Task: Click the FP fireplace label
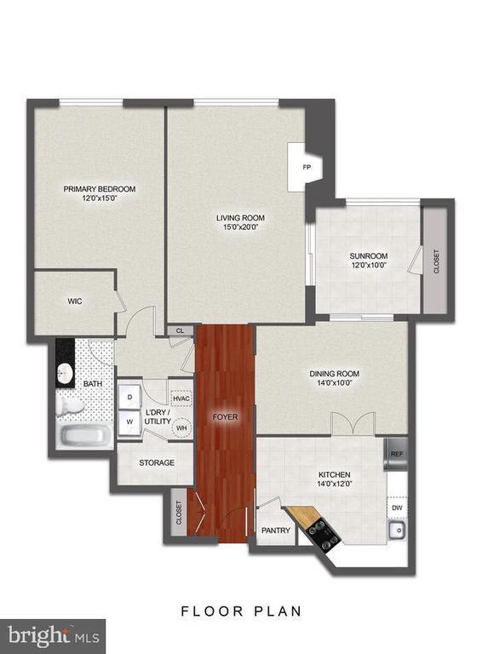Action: pos(307,168)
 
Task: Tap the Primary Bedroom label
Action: pos(99,189)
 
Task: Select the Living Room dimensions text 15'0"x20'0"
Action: pos(236,227)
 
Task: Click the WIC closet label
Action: pos(74,301)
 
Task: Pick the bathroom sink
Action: pos(66,373)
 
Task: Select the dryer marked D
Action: pos(129,396)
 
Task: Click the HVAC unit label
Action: pos(181,397)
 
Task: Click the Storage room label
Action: pos(157,463)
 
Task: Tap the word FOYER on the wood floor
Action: pos(225,417)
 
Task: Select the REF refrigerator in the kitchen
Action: pos(396,454)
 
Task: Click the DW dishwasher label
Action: pos(397,508)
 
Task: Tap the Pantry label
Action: pos(276,531)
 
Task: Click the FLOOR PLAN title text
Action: pos(241,611)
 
